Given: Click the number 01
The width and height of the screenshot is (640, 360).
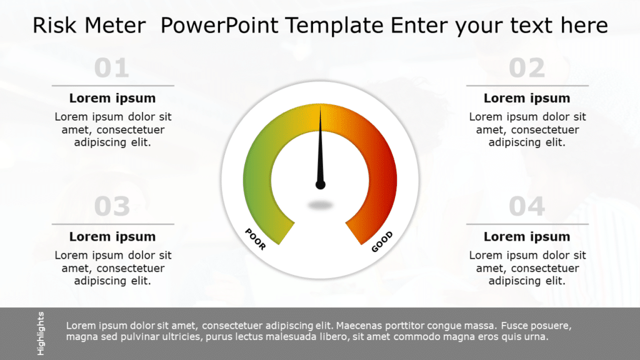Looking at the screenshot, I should click(x=112, y=68).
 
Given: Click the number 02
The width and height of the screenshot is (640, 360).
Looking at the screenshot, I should click(x=527, y=68).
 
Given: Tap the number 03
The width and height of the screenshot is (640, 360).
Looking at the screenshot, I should click(x=112, y=206).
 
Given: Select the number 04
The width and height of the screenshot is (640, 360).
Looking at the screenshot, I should click(x=527, y=206).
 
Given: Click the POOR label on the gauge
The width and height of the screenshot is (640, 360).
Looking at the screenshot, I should click(x=256, y=239).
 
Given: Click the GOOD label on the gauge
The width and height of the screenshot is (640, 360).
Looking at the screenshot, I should click(x=382, y=242).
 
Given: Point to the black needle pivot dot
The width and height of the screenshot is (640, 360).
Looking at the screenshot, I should click(x=321, y=184).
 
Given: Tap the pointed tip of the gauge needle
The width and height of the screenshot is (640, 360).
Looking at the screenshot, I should click(x=320, y=107).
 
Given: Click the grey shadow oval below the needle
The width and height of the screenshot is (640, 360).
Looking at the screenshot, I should click(x=321, y=204).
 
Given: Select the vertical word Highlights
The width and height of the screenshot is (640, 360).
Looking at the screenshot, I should click(x=41, y=333).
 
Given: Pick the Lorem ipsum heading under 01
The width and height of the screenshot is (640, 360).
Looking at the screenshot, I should click(x=112, y=98).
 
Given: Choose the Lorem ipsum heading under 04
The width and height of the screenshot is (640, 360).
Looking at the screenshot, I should click(x=527, y=237).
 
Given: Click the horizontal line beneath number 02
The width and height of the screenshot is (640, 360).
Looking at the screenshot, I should click(x=527, y=86).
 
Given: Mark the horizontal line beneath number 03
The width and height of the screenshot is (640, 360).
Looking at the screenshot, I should click(x=112, y=224).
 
